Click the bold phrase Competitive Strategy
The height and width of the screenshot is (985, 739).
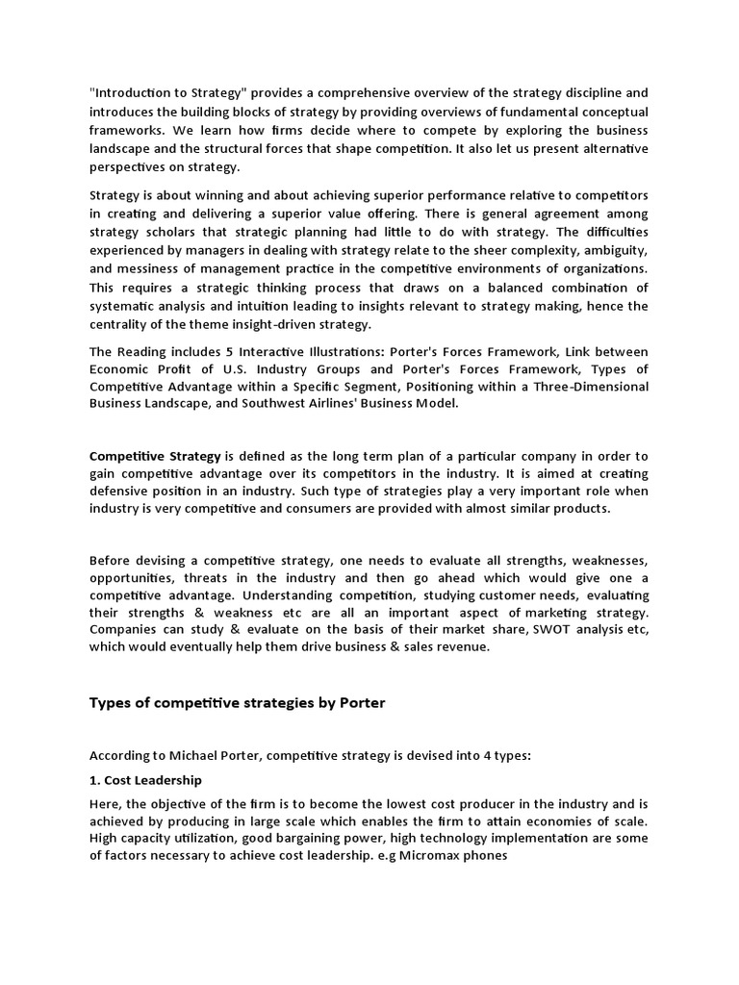tap(155, 455)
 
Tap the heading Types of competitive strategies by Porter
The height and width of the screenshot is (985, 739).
tap(237, 702)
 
